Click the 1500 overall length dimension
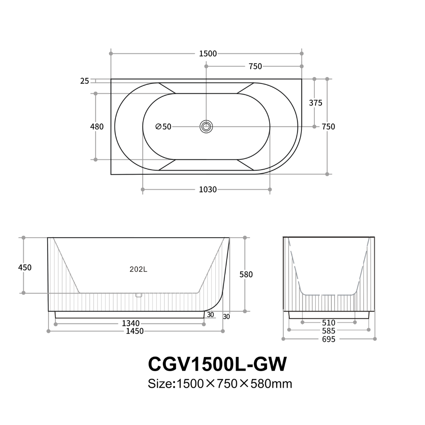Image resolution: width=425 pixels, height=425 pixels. (x=208, y=54)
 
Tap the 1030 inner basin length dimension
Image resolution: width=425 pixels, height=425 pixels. (x=208, y=190)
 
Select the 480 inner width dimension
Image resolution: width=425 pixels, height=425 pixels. (x=97, y=127)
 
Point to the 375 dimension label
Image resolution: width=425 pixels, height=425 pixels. (x=316, y=103)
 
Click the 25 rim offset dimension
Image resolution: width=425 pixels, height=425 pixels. (x=85, y=81)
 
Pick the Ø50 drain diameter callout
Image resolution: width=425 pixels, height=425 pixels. (x=163, y=127)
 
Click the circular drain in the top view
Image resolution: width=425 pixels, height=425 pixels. (x=206, y=127)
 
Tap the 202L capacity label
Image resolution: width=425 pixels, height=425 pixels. (x=138, y=270)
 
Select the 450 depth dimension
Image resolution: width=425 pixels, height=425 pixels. (x=25, y=268)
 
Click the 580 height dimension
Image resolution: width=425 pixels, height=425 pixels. (x=246, y=275)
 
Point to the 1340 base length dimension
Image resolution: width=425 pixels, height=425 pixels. (x=131, y=323)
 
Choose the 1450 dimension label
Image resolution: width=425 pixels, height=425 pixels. (x=135, y=331)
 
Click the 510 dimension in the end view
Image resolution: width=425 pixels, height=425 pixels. (x=329, y=323)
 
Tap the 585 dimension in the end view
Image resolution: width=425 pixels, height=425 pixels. (x=329, y=331)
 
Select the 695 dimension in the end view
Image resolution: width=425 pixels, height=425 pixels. (x=329, y=339)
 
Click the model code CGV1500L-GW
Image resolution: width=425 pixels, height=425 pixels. (x=217, y=364)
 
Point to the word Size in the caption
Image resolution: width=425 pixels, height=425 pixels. (x=160, y=384)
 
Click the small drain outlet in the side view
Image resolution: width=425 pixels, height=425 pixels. (x=138, y=295)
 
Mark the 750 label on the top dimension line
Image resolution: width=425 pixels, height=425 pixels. (x=255, y=67)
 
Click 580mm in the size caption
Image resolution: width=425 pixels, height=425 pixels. (x=272, y=384)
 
